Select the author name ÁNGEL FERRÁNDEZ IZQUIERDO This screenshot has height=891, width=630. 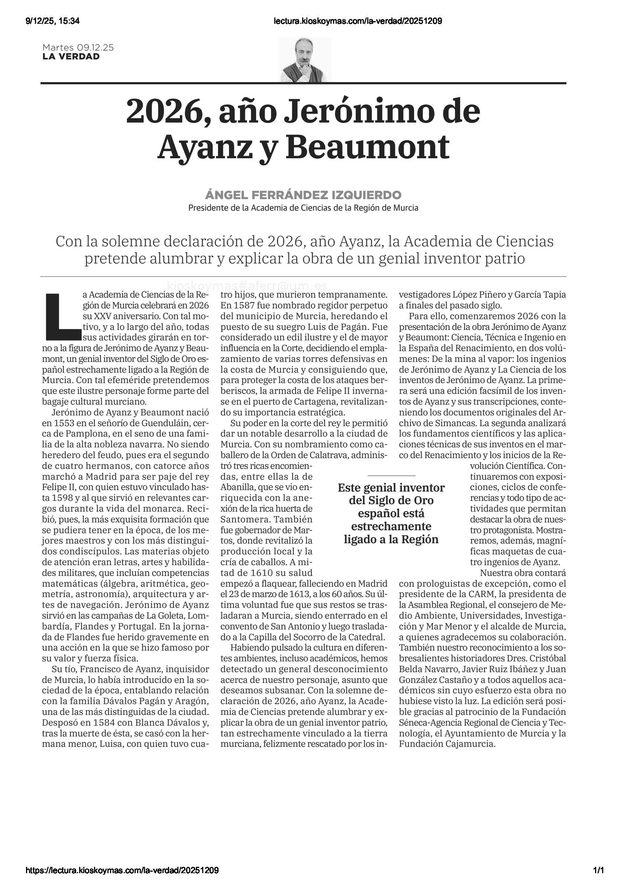[x=303, y=195]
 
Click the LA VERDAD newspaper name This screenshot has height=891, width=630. [x=71, y=56]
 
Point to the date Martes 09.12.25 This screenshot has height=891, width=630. [x=78, y=48]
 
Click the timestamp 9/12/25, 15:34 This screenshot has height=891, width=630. [x=52, y=21]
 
